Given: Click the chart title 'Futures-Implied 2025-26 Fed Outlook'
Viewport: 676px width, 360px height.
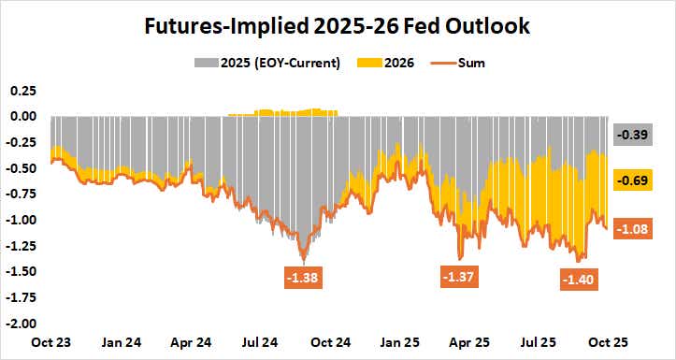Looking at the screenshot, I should pyautogui.click(x=338, y=26).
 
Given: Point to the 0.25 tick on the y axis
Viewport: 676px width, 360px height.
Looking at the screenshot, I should pyautogui.click(x=22, y=91).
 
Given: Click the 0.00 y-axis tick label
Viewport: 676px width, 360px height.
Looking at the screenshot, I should pyautogui.click(x=22, y=117).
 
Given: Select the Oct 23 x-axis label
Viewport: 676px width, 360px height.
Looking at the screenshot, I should pyautogui.click(x=49, y=341).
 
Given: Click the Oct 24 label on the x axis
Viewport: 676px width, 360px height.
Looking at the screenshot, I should pyautogui.click(x=330, y=341).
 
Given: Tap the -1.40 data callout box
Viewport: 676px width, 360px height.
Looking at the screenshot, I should pyautogui.click(x=579, y=279).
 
